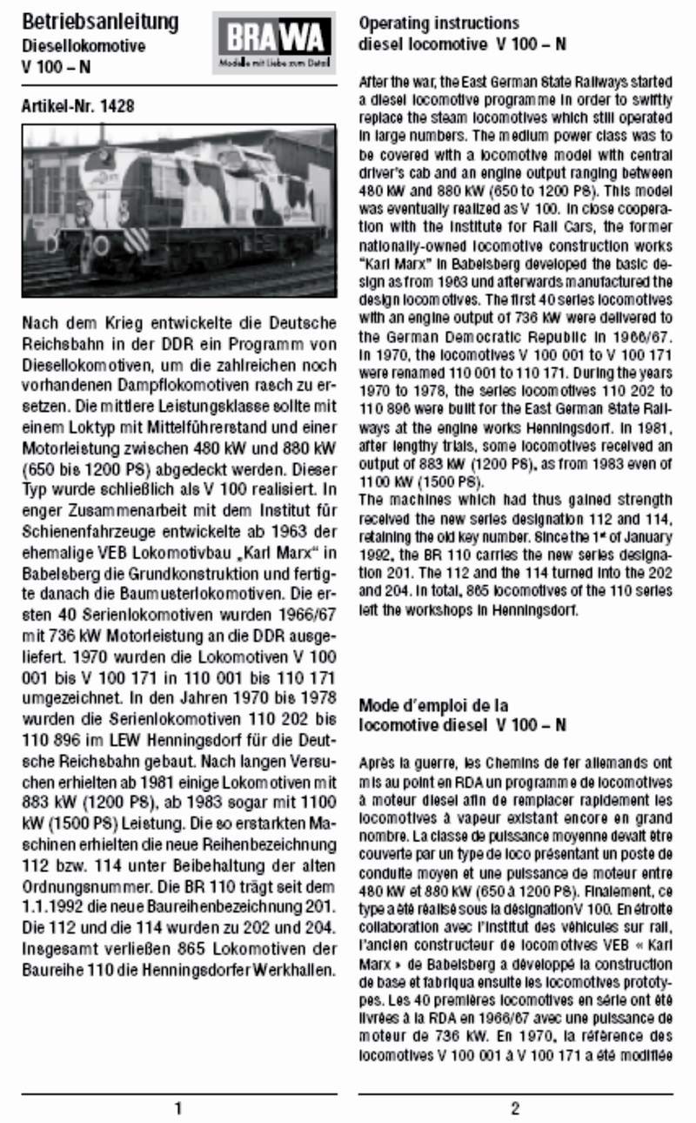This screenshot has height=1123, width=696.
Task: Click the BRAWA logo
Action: tap(273, 40)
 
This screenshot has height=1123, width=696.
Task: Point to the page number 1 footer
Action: tap(178, 1108)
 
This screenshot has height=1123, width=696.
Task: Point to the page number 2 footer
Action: tap(515, 1108)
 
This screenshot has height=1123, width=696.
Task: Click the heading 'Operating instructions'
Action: tap(439, 24)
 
